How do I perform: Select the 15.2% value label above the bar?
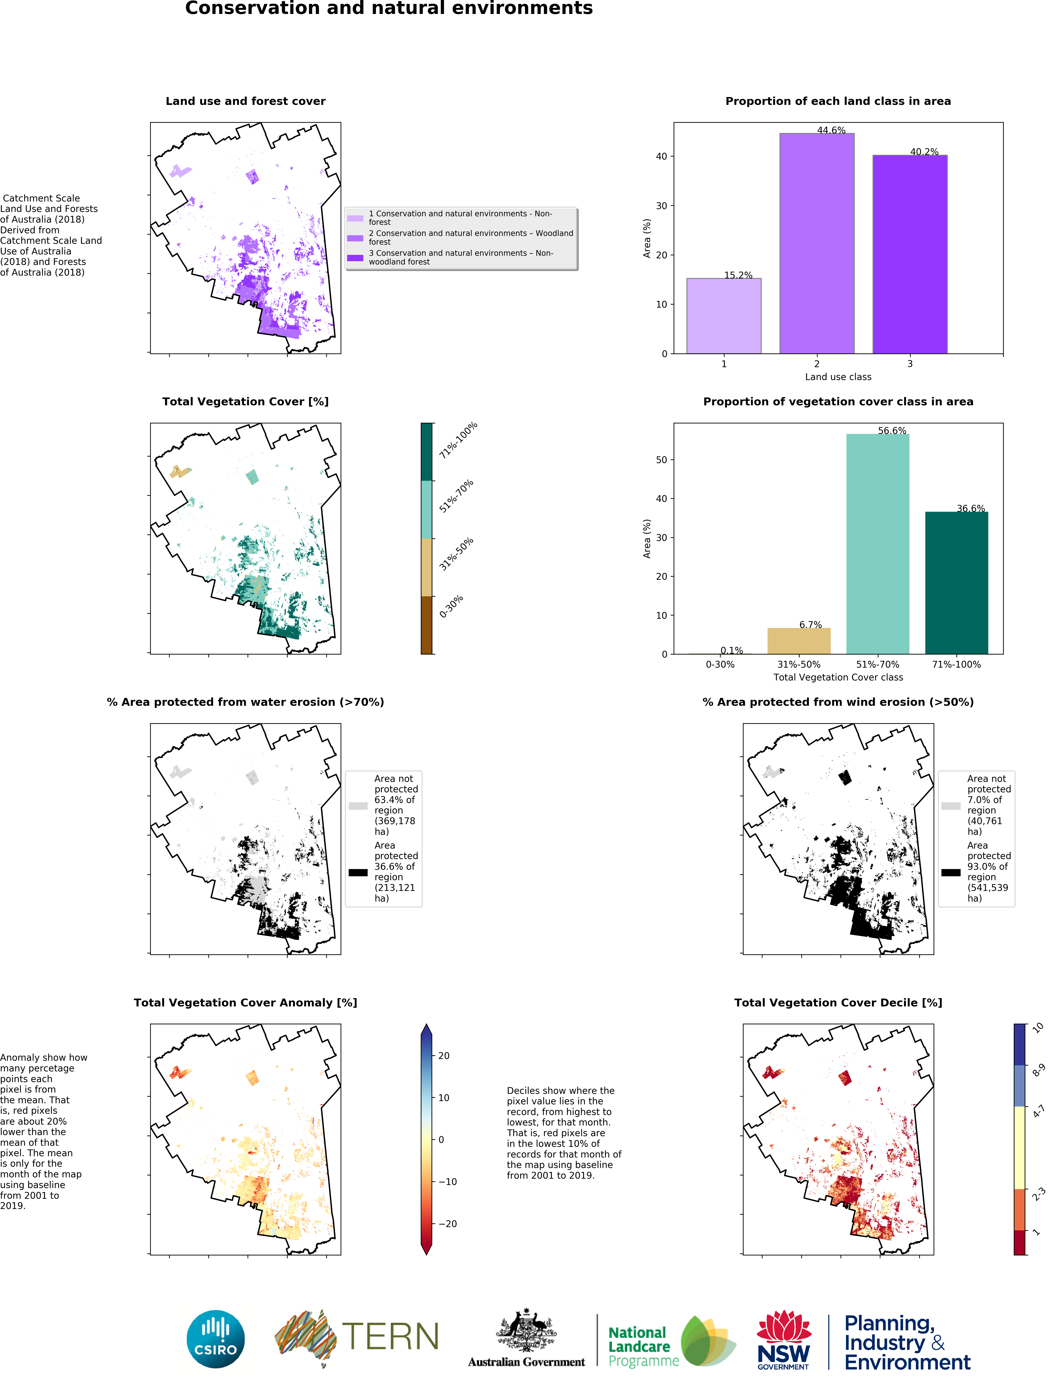(738, 275)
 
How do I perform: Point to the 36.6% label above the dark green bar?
(971, 508)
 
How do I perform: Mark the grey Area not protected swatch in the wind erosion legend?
(950, 805)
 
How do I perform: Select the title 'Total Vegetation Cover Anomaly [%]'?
(245, 1003)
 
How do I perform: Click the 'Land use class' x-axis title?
(838, 377)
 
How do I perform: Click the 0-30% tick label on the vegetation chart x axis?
(719, 664)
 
